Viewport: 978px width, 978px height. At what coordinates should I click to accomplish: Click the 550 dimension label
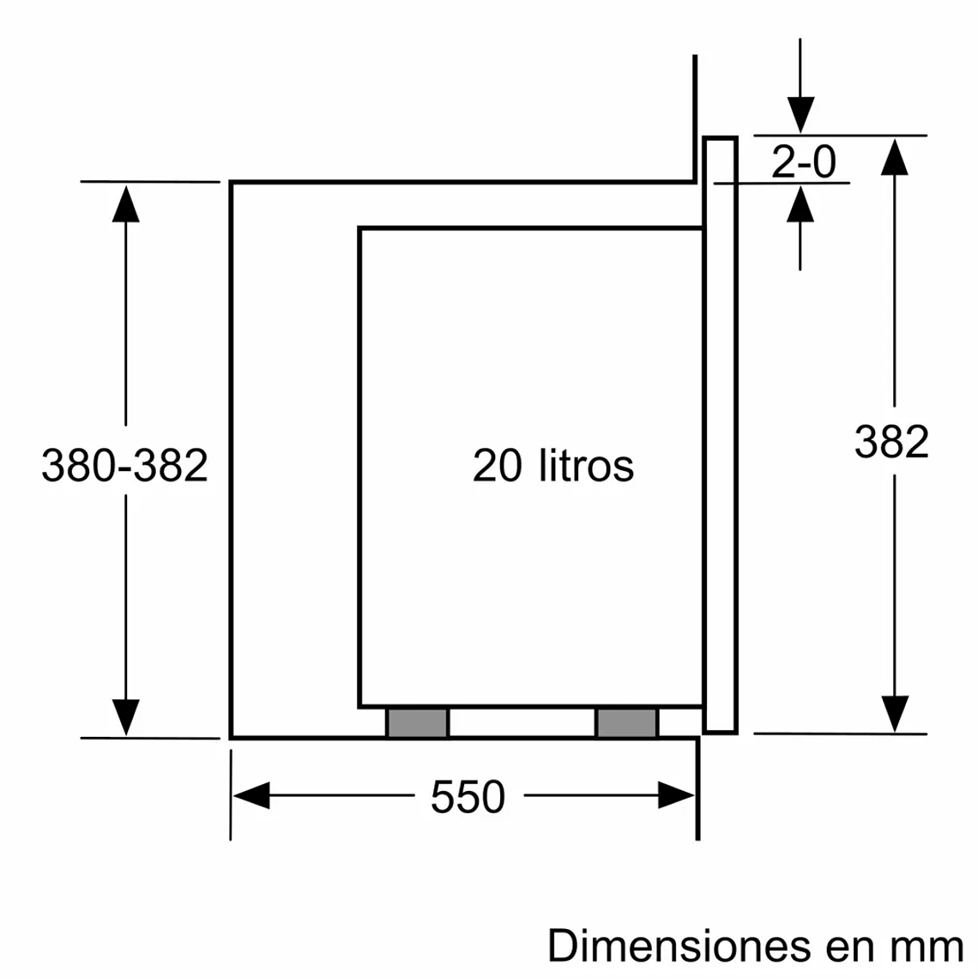pos(468,797)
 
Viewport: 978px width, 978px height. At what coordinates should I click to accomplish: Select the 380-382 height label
pos(125,466)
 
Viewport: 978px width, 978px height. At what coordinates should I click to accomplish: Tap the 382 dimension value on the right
pos(891,443)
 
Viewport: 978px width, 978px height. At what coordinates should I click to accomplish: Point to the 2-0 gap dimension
pos(803,161)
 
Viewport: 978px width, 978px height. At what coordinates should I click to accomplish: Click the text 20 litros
pos(553,466)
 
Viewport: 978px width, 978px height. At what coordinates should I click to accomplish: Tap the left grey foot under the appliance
pos(418,723)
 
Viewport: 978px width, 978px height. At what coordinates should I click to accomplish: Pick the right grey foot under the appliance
pos(627,723)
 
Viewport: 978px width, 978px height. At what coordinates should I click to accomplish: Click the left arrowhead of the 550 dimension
pos(250,795)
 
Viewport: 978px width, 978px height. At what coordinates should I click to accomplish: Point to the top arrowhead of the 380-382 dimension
pos(125,202)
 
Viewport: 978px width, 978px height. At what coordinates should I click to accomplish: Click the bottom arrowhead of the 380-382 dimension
pos(125,717)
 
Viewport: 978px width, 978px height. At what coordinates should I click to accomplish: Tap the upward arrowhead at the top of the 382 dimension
pos(894,156)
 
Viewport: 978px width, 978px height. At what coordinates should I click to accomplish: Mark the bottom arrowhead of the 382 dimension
pos(894,714)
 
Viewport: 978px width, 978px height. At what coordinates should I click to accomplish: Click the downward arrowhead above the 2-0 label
pos(800,115)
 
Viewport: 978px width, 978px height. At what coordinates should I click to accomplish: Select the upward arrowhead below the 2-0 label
pos(800,204)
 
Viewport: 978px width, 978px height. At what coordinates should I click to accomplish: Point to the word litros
pos(587,466)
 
